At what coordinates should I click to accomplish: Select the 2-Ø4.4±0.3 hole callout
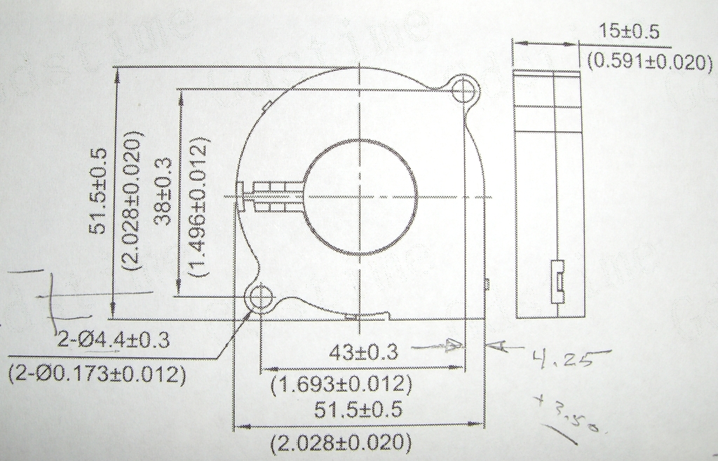[114, 340]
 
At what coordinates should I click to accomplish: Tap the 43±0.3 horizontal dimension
[363, 353]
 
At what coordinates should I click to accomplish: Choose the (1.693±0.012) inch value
[341, 384]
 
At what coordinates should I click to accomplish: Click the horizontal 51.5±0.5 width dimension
[358, 411]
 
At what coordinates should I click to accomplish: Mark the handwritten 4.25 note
[562, 359]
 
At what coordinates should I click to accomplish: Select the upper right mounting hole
[463, 90]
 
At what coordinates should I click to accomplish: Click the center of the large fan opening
[359, 197]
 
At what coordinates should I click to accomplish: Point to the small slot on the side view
[558, 280]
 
